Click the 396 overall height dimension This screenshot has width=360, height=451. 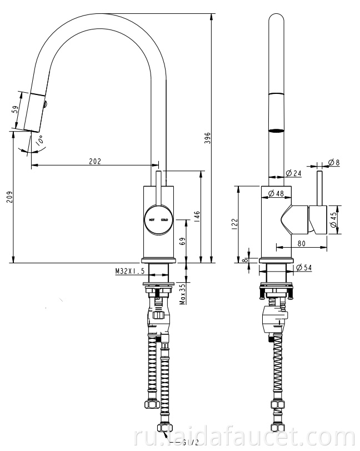point(207,137)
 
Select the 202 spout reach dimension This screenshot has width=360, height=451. point(95,161)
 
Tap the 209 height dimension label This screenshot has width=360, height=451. point(7,197)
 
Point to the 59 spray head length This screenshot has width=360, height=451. point(15,110)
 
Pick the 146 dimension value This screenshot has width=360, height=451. point(196,216)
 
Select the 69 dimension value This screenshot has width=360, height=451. point(182,241)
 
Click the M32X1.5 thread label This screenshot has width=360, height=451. point(129,271)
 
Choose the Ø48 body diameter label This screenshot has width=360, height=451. point(276,193)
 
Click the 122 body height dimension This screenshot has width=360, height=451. point(234,223)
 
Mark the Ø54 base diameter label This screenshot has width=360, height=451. point(304,268)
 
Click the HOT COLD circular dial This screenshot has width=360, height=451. point(158,219)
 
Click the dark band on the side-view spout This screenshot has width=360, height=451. point(276,131)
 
